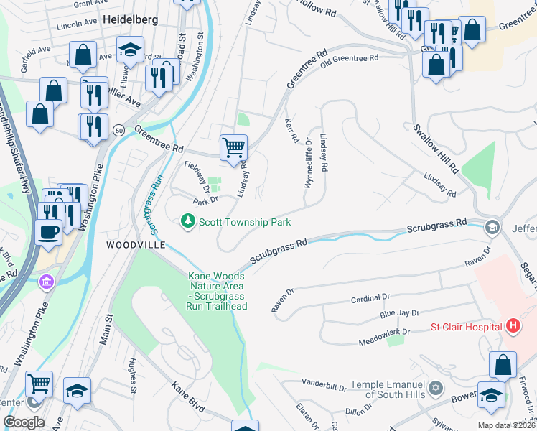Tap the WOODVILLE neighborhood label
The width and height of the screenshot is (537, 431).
coord(136,245)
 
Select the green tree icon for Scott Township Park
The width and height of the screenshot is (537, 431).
coord(188,222)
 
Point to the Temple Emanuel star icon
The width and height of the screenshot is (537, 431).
coord(435,389)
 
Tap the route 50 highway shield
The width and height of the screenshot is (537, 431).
coord(118,129)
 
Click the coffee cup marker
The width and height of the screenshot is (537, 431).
coord(49,232)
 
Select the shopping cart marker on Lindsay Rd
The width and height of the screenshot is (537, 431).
coord(233,148)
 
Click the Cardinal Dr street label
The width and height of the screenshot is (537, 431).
coord(370,297)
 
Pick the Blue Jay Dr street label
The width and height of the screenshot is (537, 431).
coord(398,315)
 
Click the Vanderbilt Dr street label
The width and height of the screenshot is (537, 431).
coord(324,381)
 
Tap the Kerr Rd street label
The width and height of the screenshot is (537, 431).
coord(291,131)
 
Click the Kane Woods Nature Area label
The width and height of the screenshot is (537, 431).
coord(217,291)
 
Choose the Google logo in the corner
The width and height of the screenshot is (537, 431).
coord(24,422)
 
